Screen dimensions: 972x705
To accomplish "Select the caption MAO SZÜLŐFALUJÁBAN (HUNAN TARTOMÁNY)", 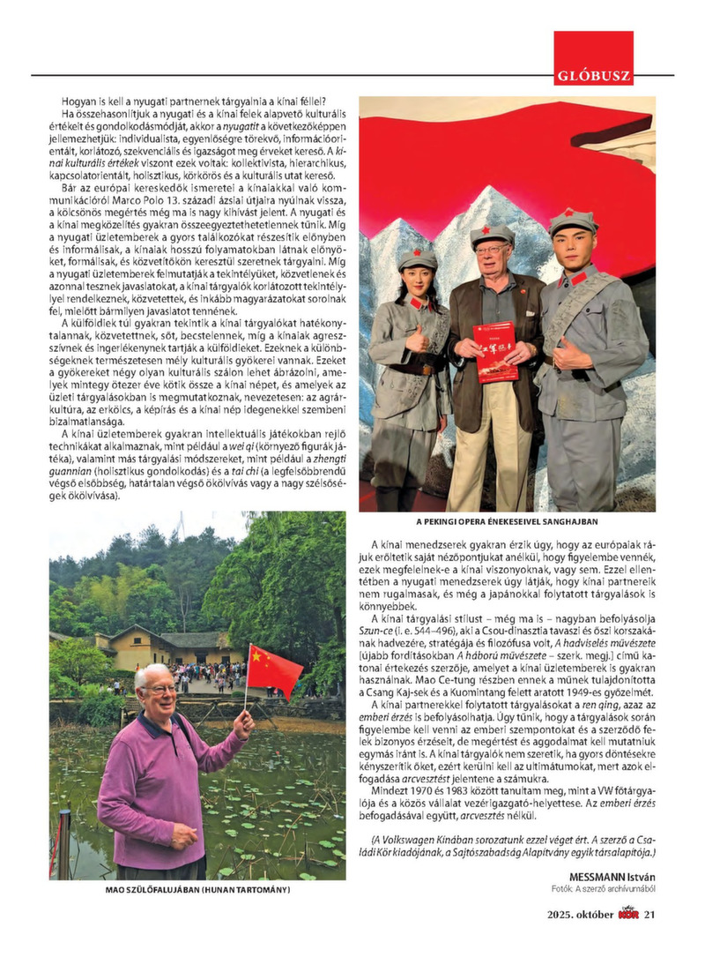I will pos(197,890).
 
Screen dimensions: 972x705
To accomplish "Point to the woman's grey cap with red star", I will pos(418,258).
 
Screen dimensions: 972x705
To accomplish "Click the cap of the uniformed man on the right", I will pos(573,221).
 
